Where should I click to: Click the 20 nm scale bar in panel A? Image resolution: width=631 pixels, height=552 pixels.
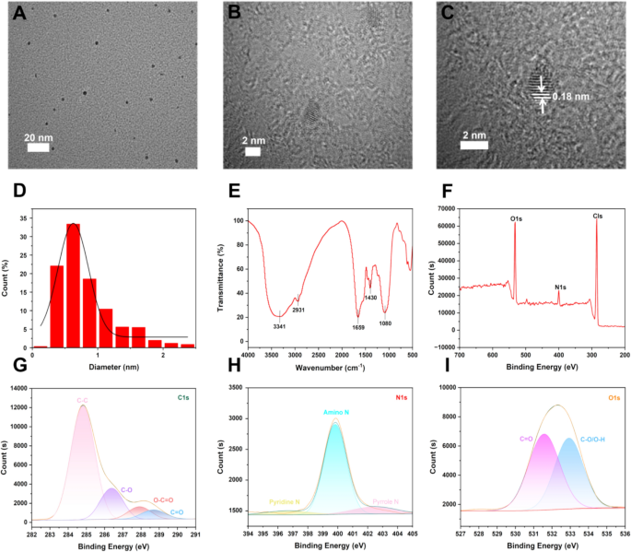coord(38,146)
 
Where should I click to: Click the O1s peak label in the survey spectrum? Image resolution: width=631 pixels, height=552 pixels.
coord(519,218)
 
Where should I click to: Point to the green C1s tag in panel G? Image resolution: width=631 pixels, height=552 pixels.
coord(185,397)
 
